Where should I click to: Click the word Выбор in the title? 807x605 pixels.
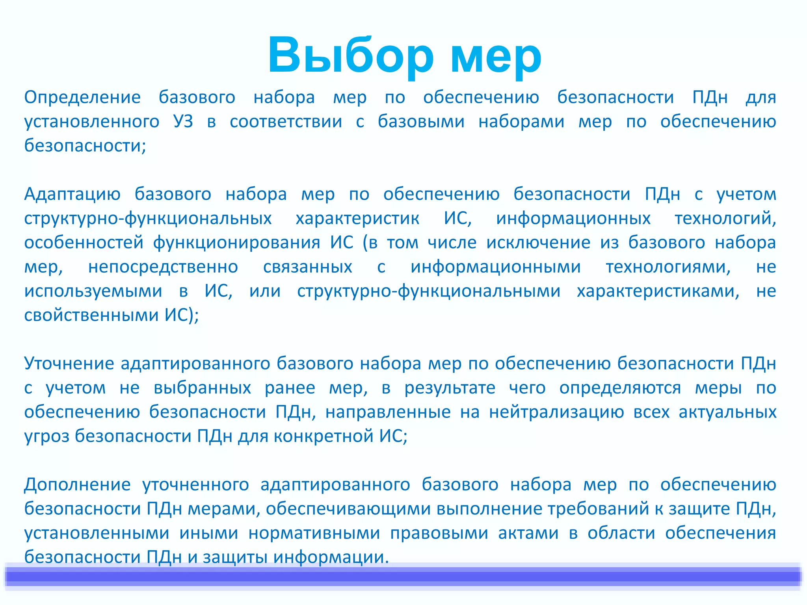(x=350, y=55)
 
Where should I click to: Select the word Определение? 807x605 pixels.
(x=82, y=97)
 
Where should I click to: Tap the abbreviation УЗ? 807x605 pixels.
(x=183, y=122)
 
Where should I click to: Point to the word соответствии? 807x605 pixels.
(x=286, y=122)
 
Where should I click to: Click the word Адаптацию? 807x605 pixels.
(x=72, y=194)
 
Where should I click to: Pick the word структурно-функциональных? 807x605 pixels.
(x=148, y=219)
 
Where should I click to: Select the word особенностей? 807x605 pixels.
(x=84, y=243)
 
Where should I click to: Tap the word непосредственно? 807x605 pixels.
(x=163, y=267)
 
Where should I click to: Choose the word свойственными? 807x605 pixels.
(x=91, y=315)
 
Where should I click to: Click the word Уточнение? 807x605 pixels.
(x=69, y=364)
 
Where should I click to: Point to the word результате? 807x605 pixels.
(x=450, y=388)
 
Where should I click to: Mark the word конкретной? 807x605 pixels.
(x=323, y=436)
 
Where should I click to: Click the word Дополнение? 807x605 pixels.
(x=77, y=485)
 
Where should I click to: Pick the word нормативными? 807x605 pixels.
(x=314, y=533)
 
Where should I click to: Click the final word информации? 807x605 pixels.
(x=331, y=557)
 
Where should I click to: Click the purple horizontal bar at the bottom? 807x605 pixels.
(x=403, y=577)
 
